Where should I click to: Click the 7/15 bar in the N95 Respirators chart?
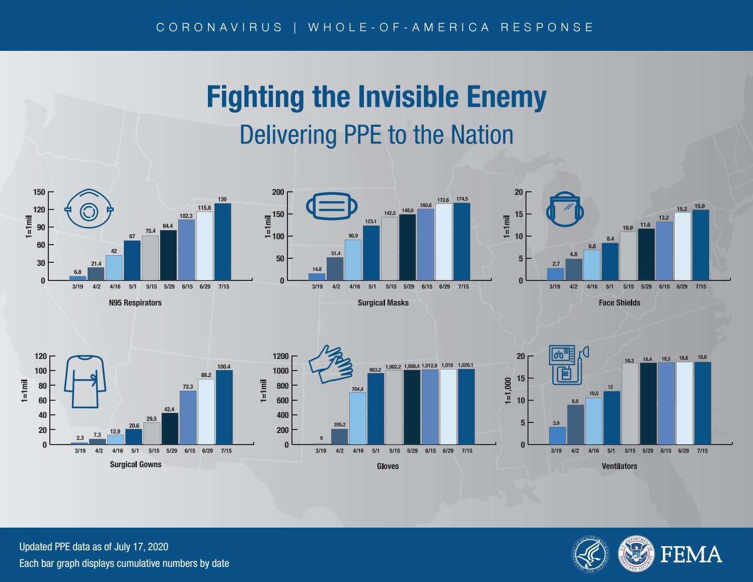(222, 242)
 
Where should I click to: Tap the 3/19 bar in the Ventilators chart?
(557, 435)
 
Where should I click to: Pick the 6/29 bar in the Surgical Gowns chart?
(206, 412)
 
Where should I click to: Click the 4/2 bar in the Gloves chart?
(339, 437)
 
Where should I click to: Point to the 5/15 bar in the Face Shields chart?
(628, 256)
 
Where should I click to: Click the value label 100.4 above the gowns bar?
(224, 367)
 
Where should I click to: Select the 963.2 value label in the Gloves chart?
(375, 370)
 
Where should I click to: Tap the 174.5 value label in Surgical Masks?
(462, 199)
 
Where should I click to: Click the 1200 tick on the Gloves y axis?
(280, 356)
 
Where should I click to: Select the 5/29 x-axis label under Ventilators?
(647, 451)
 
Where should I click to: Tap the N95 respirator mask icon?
(89, 209)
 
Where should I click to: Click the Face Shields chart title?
(619, 303)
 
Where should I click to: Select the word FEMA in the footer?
(691, 554)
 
